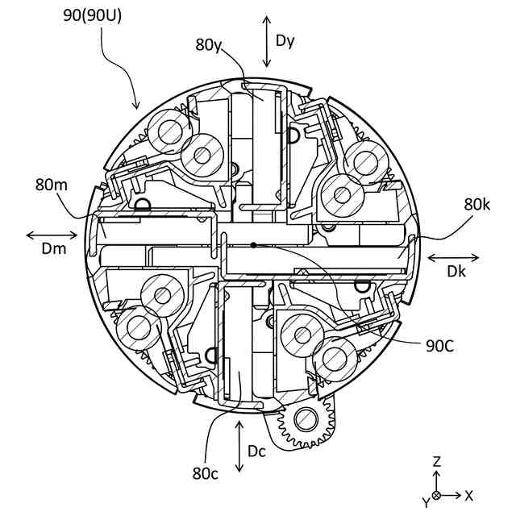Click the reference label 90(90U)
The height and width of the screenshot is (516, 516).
point(92,15)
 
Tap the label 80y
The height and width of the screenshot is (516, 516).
point(209,44)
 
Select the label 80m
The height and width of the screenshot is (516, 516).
point(52,185)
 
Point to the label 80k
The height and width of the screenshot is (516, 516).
point(476,204)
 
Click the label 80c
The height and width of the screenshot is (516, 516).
point(206,473)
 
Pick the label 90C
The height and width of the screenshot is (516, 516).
point(439,346)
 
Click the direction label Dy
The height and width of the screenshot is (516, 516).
point(285,41)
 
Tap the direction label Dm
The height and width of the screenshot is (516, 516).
point(54,249)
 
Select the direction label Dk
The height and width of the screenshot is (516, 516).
point(456,271)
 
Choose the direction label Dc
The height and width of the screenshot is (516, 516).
point(256,451)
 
